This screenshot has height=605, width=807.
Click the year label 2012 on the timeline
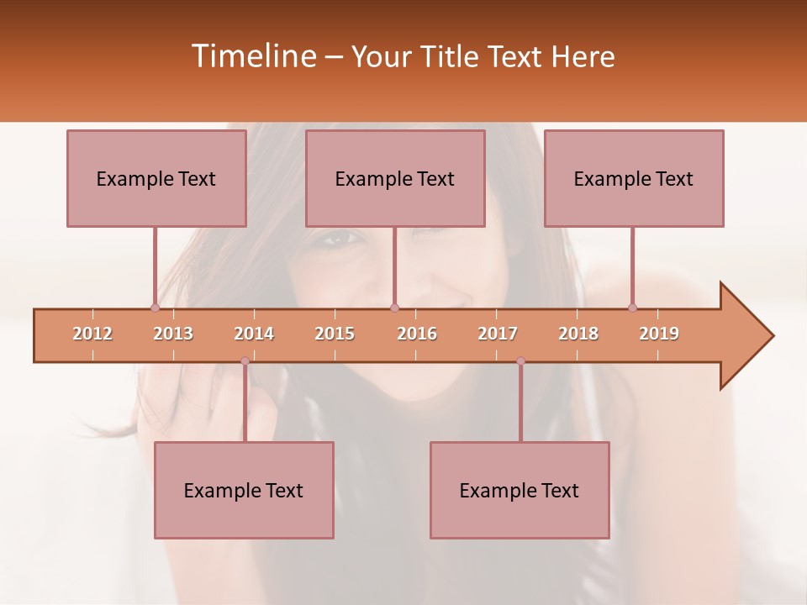click(92, 334)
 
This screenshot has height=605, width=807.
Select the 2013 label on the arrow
click(173, 334)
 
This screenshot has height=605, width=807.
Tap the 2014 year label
click(254, 334)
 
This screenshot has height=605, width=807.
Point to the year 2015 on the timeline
click(335, 334)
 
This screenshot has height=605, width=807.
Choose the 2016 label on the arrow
click(417, 334)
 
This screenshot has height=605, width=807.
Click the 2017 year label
click(498, 334)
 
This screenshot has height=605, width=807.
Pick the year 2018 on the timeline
click(578, 334)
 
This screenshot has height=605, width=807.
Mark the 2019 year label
click(659, 334)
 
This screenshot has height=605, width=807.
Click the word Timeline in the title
click(252, 56)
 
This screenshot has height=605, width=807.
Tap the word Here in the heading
click(583, 56)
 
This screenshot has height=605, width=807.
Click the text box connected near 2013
click(156, 178)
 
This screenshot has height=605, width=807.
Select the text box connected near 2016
click(395, 178)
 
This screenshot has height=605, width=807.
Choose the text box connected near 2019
click(634, 178)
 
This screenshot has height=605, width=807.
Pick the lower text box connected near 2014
click(244, 490)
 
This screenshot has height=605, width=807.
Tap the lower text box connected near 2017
click(520, 490)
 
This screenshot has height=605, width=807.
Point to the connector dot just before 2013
click(155, 308)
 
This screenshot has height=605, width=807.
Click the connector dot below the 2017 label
click(520, 361)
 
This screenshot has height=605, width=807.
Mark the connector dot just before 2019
click(632, 308)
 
